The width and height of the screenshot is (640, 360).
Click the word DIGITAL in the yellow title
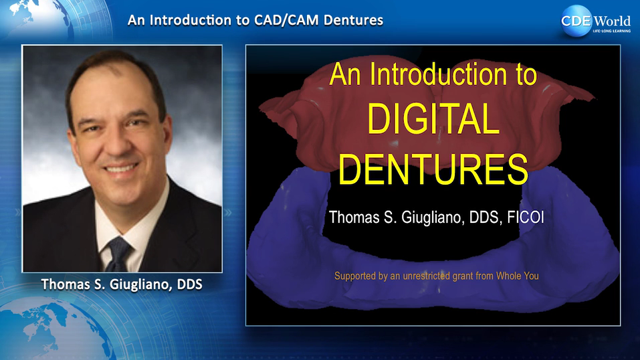click(x=433, y=119)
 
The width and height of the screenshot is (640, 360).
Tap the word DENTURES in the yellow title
click(x=433, y=169)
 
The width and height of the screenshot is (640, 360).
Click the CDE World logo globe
click(x=576, y=21)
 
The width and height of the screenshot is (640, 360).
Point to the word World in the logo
click(x=612, y=21)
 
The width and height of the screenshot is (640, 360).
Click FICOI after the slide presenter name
click(x=525, y=217)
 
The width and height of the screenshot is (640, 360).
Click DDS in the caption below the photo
click(x=189, y=284)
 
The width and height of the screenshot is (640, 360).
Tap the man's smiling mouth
click(x=121, y=168)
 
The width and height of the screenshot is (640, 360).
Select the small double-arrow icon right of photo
click(x=228, y=213)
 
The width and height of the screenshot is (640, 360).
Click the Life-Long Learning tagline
click(x=611, y=31)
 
